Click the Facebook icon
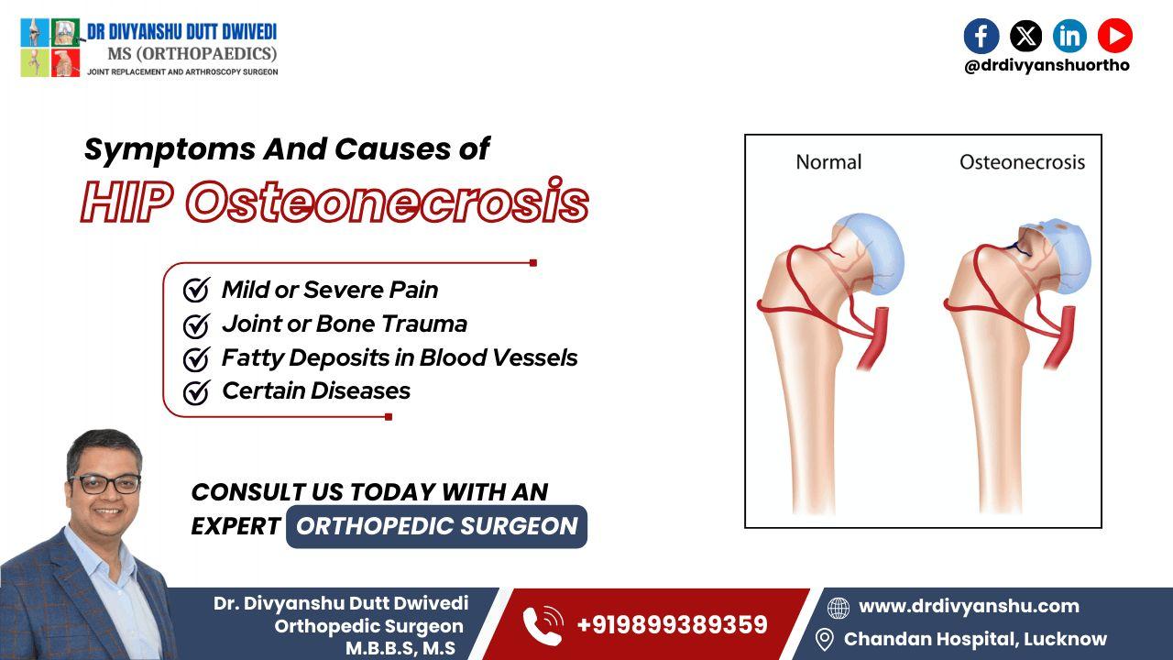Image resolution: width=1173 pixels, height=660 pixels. tap(981, 36)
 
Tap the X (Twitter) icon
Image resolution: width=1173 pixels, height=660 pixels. tap(1025, 36)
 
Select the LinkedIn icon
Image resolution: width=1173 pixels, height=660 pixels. tap(1069, 36)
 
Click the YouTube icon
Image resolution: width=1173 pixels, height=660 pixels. tap(1114, 36)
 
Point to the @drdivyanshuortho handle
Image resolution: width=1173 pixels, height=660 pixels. tap(1047, 66)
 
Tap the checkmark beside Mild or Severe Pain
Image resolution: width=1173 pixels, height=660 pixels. tap(196, 291)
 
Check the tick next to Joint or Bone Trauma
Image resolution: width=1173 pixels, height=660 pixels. tap(196, 324)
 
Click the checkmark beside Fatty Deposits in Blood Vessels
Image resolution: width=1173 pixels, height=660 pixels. tap(196, 358)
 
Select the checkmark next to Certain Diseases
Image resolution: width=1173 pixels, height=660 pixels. tap(196, 392)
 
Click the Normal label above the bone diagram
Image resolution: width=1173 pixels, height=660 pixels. tap(828, 162)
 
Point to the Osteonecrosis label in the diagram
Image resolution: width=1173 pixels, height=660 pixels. tap(1022, 162)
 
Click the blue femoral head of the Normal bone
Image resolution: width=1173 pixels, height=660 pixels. tap(875, 249)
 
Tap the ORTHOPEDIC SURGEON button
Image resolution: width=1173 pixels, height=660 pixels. tap(436, 526)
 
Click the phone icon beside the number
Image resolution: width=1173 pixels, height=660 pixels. tap(543, 626)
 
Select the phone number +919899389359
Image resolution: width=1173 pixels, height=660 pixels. tap(672, 625)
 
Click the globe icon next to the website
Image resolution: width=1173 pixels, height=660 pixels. tap(838, 608)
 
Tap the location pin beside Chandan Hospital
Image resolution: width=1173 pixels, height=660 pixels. tap(824, 639)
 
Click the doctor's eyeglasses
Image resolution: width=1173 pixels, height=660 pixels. tap(104, 483)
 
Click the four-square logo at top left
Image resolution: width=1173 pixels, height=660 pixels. tap(50, 48)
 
